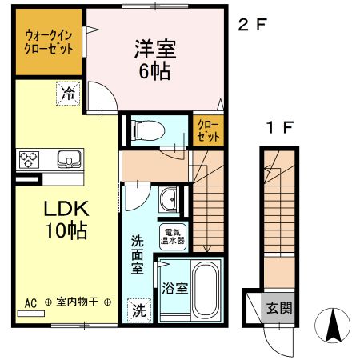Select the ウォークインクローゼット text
(48, 42)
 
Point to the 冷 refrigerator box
(69, 94)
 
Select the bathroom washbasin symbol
(169, 199)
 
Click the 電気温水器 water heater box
(172, 234)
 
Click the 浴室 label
(175, 289)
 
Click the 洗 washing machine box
(139, 310)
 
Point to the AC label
(30, 303)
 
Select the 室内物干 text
(78, 303)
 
